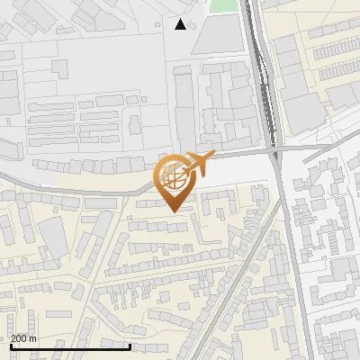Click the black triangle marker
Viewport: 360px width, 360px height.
coord(181,24)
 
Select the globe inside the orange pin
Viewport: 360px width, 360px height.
coord(174,178)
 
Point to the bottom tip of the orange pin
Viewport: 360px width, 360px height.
coord(174,211)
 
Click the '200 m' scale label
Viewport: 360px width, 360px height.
coord(23,338)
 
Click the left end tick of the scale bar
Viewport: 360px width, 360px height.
coord(11,346)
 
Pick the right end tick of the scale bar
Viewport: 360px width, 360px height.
coord(130,346)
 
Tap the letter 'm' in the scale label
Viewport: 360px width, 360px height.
coord(33,338)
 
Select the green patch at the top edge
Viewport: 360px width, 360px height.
coord(224,5)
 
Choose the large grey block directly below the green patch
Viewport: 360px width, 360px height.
coord(217,36)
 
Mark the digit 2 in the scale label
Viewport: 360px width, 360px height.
coord(13,338)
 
